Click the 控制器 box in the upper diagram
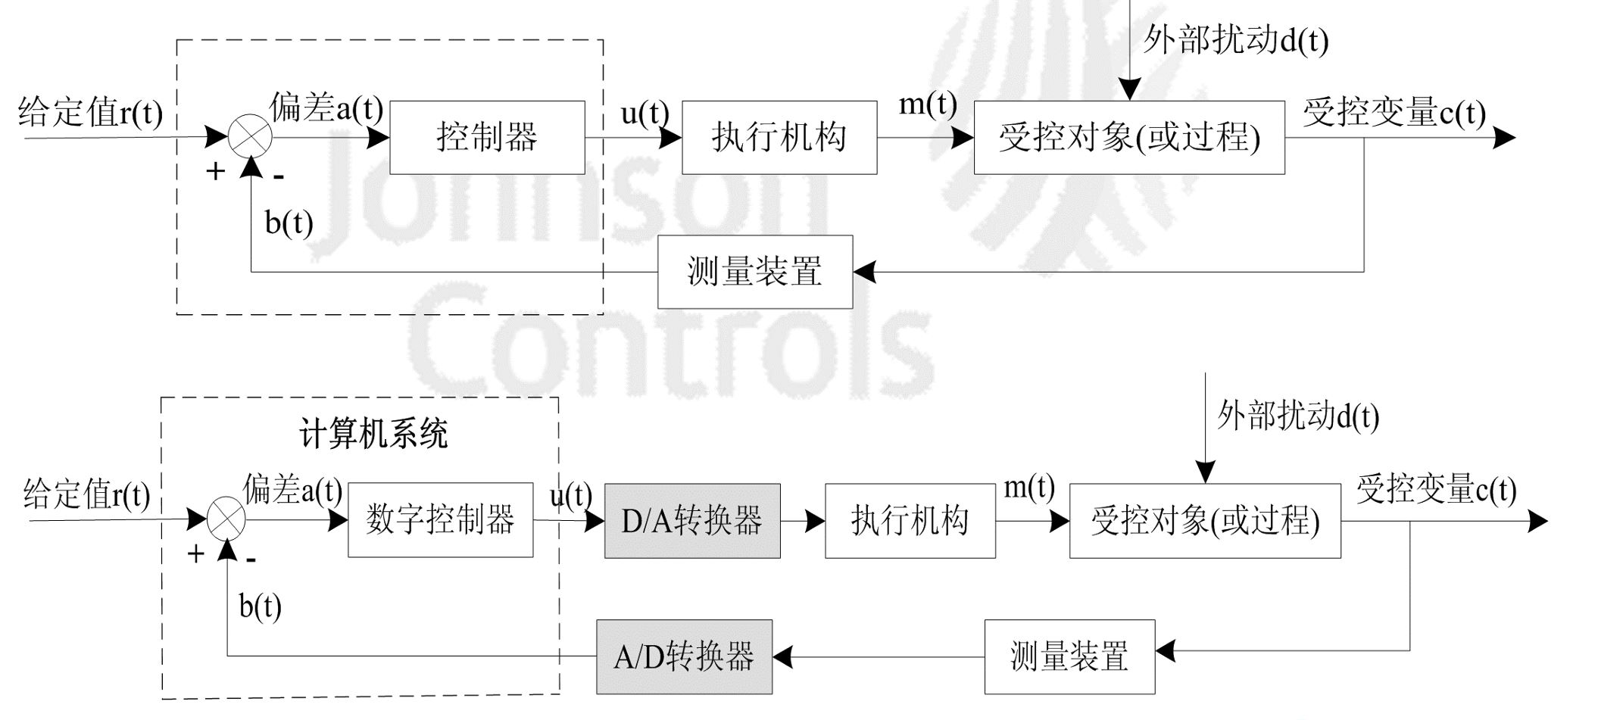point(487,138)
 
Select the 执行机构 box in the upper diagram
point(779,138)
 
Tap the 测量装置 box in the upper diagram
point(754,272)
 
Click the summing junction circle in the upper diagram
point(250,137)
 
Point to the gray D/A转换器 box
point(691,521)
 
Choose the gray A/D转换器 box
point(684,656)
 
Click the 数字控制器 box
point(440,520)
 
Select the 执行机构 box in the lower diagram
point(910,521)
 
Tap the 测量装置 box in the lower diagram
point(1069,656)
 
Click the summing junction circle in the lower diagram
point(226,519)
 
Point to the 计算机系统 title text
point(373,434)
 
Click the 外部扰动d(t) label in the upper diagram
point(1235,39)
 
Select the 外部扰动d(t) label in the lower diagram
point(1298,416)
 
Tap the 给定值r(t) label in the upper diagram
point(90,113)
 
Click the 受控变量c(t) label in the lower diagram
point(1436,489)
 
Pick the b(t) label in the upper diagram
point(289,223)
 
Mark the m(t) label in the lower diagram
point(1028,487)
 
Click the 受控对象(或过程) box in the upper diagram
point(1128,138)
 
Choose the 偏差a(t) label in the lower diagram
point(292,490)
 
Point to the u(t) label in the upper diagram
point(645,114)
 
